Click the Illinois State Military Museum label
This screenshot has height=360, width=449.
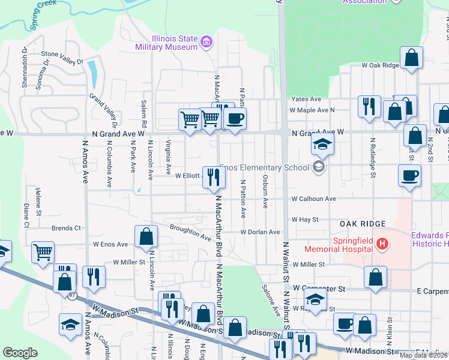(x=166, y=42)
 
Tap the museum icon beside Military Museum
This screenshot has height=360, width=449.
(x=206, y=42)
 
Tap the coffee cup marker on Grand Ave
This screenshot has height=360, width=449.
(x=236, y=118)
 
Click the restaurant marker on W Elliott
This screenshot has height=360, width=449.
(x=214, y=177)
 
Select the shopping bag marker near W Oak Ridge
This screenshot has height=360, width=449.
(x=412, y=59)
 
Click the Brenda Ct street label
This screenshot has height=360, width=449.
(x=66, y=228)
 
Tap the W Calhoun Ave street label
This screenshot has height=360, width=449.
(x=313, y=199)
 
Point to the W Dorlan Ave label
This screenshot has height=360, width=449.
(x=261, y=232)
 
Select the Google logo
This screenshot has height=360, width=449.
(x=20, y=353)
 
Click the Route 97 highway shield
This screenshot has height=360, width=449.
(x=73, y=296)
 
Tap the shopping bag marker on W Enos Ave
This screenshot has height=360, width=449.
(x=146, y=236)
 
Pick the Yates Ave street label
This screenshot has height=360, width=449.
(x=306, y=99)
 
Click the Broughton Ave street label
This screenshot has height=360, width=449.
(x=190, y=232)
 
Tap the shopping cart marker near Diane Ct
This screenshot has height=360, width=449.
(x=43, y=252)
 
